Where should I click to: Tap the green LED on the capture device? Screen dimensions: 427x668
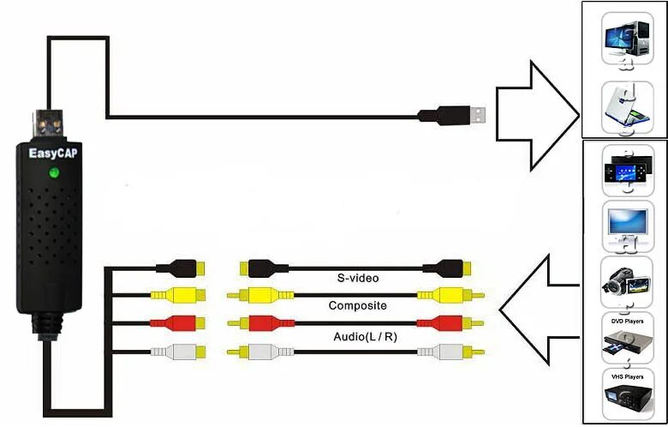53,174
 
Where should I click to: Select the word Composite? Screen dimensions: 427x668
358,305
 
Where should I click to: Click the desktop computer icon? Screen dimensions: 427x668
625,39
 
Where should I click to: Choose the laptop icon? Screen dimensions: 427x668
625,106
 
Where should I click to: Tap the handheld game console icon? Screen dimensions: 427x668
625,169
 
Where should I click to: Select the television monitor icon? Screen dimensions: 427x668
625,225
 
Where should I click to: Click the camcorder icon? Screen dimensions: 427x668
625,283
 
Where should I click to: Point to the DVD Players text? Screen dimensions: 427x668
626,321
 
